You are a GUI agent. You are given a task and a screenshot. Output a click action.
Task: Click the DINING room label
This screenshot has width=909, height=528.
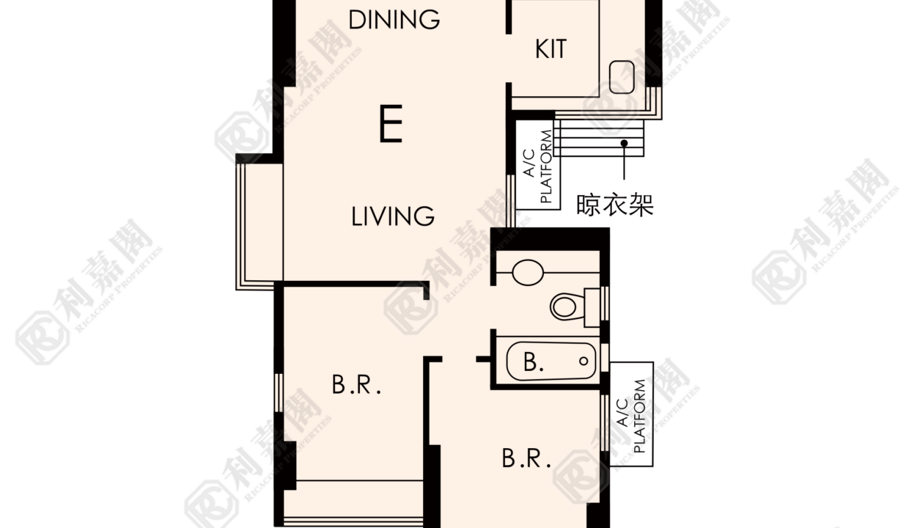(x=394, y=20)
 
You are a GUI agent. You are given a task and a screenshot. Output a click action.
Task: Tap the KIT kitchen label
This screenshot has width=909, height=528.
(x=551, y=49)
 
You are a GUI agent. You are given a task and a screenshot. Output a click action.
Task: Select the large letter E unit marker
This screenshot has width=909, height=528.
(x=391, y=123)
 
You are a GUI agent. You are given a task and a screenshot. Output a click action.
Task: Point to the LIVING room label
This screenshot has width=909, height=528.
(x=392, y=216)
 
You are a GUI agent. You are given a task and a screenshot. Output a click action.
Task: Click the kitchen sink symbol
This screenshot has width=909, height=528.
(x=622, y=77)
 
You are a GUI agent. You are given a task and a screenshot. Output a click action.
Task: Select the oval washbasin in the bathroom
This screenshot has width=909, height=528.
(x=528, y=272)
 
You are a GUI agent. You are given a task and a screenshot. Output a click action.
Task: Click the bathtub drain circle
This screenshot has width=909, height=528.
(x=584, y=361)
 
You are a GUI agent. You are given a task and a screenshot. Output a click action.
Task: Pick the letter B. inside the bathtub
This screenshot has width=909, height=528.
(x=533, y=362)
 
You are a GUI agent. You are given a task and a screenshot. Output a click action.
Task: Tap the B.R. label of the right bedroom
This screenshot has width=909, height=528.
(x=526, y=458)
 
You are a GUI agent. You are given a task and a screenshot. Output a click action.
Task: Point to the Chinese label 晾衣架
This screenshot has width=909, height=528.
(x=615, y=205)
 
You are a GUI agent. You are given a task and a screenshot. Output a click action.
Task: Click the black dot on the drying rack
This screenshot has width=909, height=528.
(x=624, y=143)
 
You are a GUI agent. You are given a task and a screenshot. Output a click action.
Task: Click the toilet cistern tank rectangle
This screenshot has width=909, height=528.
(x=592, y=307)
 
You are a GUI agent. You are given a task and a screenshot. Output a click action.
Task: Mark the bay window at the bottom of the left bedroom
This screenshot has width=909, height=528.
(x=353, y=503)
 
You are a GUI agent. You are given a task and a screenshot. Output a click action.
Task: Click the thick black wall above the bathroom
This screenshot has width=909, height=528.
(x=550, y=239)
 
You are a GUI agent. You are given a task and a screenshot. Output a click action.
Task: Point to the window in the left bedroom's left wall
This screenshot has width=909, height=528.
(x=279, y=392)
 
